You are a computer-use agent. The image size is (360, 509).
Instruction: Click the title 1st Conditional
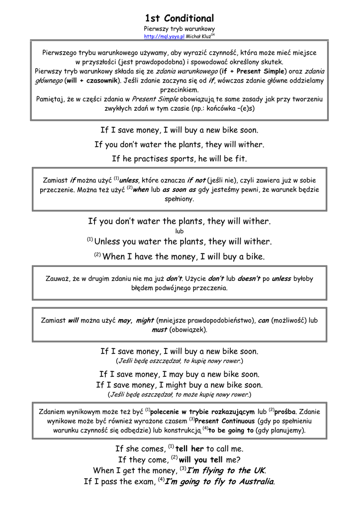coord(180,18)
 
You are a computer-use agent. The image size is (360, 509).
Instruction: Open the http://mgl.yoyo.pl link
coord(164,36)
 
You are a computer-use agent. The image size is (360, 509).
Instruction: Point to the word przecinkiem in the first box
coord(180,90)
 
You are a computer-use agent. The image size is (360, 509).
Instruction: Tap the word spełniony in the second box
coord(180,199)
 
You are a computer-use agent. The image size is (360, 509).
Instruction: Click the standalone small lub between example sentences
coord(180,231)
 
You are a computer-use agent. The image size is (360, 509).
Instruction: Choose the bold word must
coord(159,330)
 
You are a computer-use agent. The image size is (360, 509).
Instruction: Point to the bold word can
coord(263,321)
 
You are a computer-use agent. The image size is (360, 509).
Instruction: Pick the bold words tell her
coord(190,449)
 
